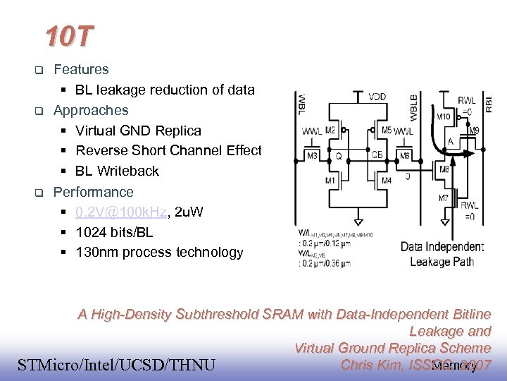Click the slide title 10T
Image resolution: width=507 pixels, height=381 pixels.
(x=68, y=36)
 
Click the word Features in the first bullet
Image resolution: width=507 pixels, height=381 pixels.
(x=81, y=69)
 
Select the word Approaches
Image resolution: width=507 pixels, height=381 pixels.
(x=91, y=110)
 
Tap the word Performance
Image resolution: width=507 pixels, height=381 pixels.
(x=93, y=191)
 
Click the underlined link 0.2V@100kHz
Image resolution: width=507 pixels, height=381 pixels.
(x=120, y=212)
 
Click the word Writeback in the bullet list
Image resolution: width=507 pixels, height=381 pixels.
(x=128, y=171)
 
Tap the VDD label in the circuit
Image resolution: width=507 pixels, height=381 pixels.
(x=377, y=97)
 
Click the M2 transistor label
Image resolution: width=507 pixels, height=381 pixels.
(x=330, y=130)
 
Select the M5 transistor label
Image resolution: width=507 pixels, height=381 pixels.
(x=387, y=130)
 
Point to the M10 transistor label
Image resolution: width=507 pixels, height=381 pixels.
(x=445, y=117)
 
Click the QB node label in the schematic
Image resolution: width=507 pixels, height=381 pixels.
(x=377, y=155)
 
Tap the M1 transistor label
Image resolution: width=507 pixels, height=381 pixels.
(x=330, y=181)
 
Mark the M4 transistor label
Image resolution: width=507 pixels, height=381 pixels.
(x=386, y=181)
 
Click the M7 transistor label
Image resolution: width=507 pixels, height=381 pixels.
(x=444, y=198)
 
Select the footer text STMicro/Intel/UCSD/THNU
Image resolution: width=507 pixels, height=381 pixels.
(x=115, y=365)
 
